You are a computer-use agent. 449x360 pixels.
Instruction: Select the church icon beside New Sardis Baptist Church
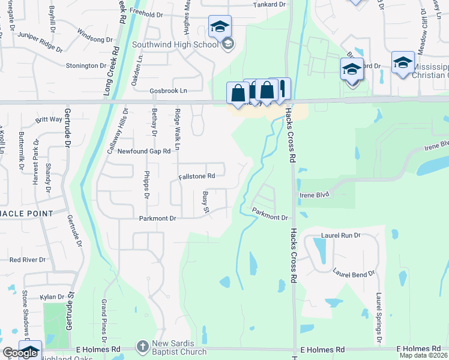point(142,347)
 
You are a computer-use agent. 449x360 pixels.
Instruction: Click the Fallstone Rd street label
point(196,176)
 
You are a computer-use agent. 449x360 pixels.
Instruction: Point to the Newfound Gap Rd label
point(144,151)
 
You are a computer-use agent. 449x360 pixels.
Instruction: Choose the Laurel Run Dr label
point(340,236)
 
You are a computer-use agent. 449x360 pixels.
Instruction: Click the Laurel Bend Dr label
point(354,273)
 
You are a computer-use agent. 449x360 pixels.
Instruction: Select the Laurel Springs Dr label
point(379,319)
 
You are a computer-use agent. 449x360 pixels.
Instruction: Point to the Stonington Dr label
point(86,65)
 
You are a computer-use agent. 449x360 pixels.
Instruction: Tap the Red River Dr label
point(28,260)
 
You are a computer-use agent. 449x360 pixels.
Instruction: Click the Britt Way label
point(49,119)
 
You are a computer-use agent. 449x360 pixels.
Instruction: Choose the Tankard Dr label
point(269,4)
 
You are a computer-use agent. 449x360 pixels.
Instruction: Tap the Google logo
point(20,353)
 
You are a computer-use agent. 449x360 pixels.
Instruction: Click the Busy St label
point(205,202)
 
